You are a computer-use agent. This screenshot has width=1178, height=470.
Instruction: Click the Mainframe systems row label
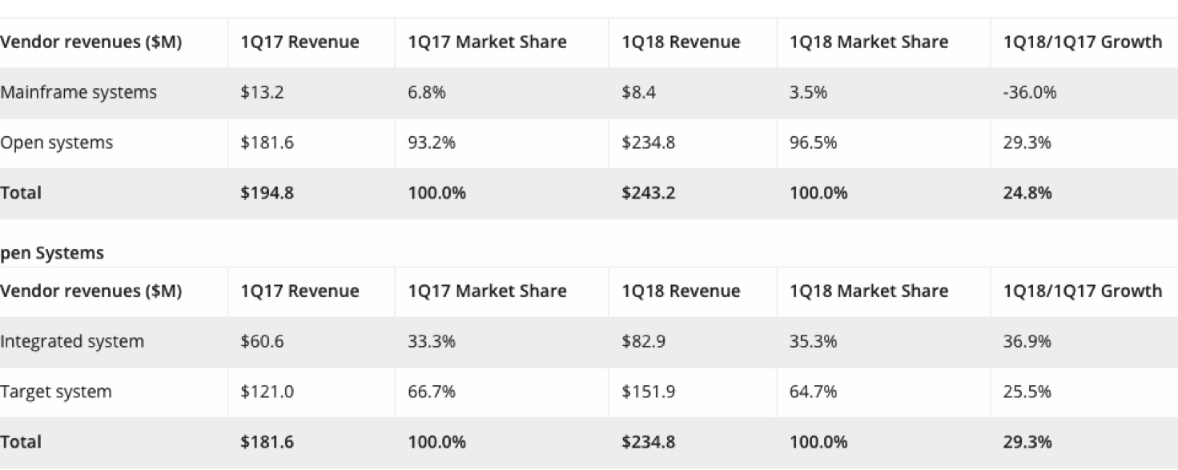(x=78, y=93)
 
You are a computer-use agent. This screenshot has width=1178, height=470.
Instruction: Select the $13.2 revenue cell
(x=262, y=93)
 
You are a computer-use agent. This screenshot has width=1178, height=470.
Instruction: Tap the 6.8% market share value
(x=427, y=93)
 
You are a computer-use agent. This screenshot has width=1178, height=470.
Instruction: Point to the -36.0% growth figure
(x=1029, y=93)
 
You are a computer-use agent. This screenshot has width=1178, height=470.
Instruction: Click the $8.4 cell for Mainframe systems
(x=638, y=93)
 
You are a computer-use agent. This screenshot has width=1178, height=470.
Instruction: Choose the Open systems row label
(x=57, y=143)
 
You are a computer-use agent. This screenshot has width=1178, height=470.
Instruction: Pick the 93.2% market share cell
(x=432, y=143)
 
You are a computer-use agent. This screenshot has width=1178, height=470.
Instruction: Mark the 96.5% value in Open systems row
(x=813, y=143)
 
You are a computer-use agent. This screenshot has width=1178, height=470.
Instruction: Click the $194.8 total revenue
(x=267, y=193)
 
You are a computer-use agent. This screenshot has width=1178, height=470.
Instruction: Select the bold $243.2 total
(x=648, y=193)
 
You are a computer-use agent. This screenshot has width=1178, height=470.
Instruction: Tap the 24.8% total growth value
(x=1027, y=193)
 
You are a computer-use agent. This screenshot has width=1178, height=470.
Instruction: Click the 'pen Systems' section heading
(x=52, y=254)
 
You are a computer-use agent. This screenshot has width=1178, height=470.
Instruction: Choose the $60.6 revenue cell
(x=262, y=342)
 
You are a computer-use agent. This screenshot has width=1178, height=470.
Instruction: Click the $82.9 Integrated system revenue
(x=643, y=342)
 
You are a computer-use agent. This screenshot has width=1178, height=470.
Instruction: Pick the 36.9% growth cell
(x=1027, y=342)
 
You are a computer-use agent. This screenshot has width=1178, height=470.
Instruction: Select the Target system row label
(x=56, y=392)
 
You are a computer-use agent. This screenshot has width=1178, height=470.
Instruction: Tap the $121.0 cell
(x=267, y=392)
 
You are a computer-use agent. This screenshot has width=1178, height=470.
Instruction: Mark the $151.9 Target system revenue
(x=648, y=392)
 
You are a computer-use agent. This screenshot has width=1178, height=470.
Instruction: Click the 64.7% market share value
(x=813, y=392)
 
